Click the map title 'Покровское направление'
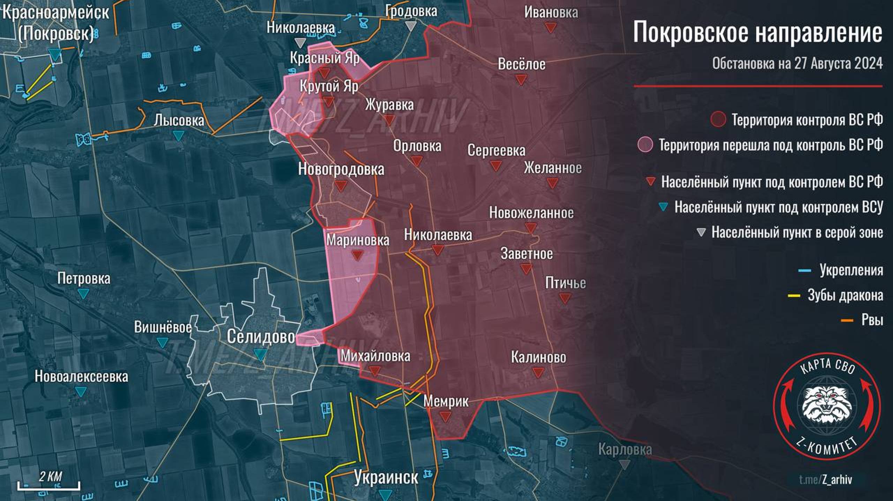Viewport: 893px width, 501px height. click(x=757, y=32)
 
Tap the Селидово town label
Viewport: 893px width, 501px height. click(x=261, y=337)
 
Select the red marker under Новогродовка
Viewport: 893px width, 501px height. click(x=341, y=186)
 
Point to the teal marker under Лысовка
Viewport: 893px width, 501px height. click(x=179, y=135)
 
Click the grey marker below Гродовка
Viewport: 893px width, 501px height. click(x=412, y=26)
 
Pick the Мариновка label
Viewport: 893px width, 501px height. click(x=358, y=240)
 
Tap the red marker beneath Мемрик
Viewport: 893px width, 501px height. click(x=445, y=416)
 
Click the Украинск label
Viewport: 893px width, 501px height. click(x=386, y=477)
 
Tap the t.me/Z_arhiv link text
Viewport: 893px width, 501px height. click(x=825, y=479)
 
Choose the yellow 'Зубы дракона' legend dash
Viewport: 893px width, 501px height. click(x=794, y=296)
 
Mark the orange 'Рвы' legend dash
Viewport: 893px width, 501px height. click(x=847, y=320)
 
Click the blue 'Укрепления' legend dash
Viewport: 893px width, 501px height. click(x=804, y=271)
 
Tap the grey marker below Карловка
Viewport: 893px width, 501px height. click(x=625, y=464)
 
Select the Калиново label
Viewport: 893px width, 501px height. click(x=538, y=357)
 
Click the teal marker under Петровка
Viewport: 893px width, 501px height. click(x=83, y=293)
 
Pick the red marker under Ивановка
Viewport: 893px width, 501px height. click(x=551, y=28)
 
